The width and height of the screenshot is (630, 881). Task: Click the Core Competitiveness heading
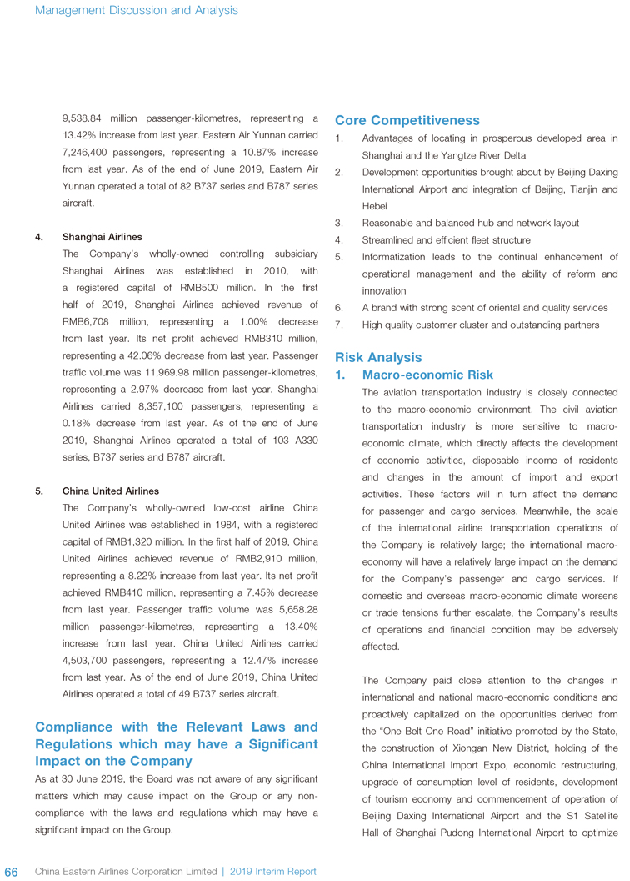click(x=407, y=121)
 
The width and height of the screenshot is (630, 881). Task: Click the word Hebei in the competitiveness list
click(x=376, y=205)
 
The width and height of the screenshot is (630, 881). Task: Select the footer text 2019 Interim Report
click(x=272, y=872)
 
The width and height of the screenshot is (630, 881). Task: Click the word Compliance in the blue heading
click(x=75, y=727)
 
